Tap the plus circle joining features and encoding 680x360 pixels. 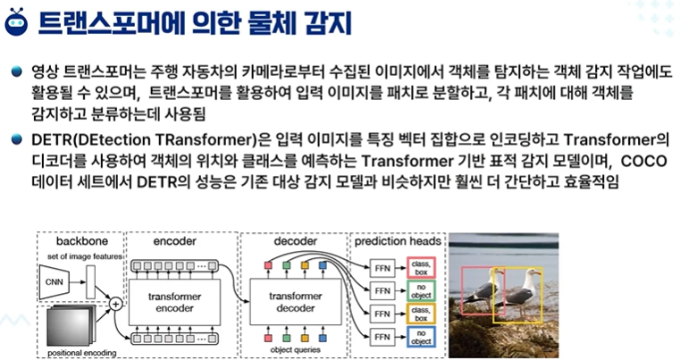[x=115, y=305]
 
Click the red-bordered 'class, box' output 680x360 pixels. [x=420, y=266]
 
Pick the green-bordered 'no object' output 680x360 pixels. [x=420, y=290]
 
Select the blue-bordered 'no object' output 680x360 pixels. [x=420, y=339]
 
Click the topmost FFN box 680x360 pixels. [x=382, y=267]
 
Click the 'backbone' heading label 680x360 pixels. [x=80, y=242]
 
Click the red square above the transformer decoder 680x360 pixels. [x=268, y=265]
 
